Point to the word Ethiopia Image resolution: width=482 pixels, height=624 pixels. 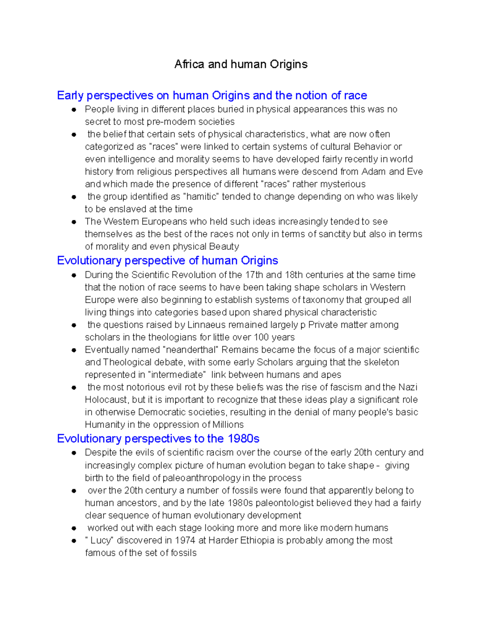coord(257,540)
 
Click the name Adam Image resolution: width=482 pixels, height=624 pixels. coord(374,172)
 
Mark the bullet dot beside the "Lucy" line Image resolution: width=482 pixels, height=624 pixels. coord(74,541)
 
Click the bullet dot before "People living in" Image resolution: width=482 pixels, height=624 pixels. coord(74,110)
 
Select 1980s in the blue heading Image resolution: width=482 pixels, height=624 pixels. coord(243,438)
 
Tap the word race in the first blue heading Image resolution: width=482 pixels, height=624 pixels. coord(355,96)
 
